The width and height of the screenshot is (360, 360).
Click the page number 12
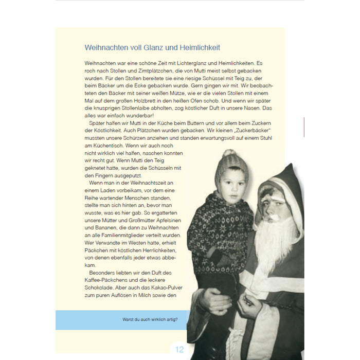179,350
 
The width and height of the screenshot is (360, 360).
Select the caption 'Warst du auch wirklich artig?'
150,319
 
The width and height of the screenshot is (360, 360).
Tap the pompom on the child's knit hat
228,153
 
